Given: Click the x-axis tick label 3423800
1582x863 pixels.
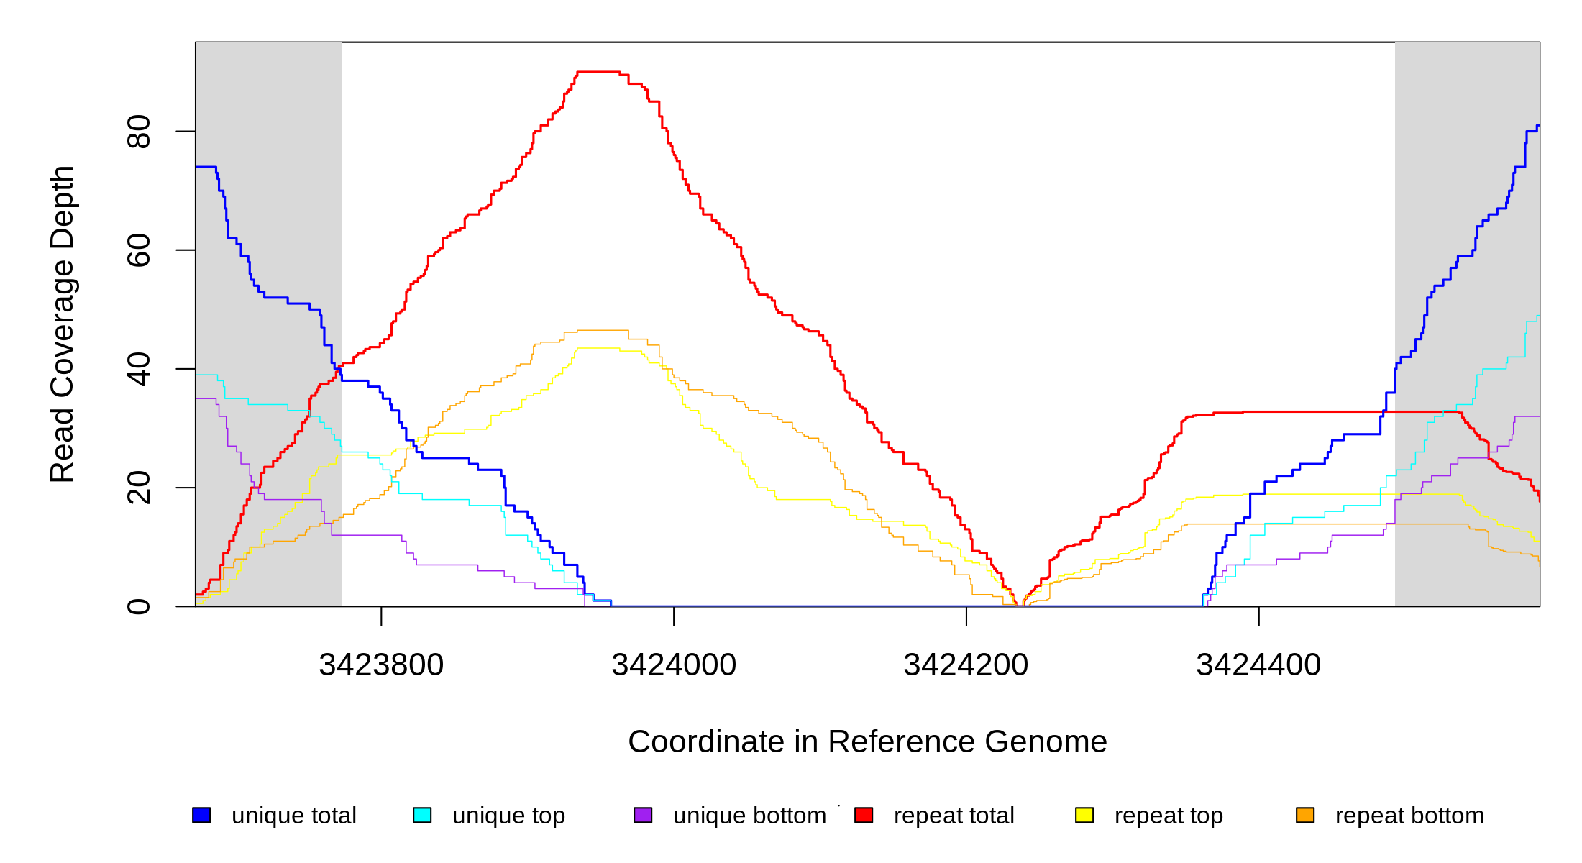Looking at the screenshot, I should point(381,665).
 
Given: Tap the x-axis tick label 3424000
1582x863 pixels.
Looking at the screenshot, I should point(674,665).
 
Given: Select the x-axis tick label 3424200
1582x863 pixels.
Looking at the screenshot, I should point(966,665).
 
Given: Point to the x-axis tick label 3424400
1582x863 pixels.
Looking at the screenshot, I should point(1258,665).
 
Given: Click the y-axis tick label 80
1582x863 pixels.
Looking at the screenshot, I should point(139,132).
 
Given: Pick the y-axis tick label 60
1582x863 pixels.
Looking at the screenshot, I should point(139,250).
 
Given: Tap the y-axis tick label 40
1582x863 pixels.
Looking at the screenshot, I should point(139,369).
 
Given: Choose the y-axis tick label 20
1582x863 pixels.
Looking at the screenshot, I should point(139,488).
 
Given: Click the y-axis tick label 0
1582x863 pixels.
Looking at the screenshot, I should point(139,606).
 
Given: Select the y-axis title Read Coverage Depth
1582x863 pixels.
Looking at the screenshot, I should point(63,324).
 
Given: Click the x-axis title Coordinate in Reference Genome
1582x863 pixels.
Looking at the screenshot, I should point(867,741).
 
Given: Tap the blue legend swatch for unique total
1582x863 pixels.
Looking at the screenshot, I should point(201,815).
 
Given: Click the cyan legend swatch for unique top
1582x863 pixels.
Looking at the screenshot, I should point(422,815).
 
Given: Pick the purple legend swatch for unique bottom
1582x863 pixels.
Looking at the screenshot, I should point(643,815).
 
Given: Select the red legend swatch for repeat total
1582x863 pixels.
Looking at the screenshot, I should point(864,815).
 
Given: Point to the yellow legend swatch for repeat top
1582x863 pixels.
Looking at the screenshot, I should point(1084,815).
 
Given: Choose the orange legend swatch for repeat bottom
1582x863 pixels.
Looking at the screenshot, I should point(1305,815).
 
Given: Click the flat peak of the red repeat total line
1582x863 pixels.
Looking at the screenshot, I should point(598,72).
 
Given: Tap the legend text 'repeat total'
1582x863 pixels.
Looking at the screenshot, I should point(954,816).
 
